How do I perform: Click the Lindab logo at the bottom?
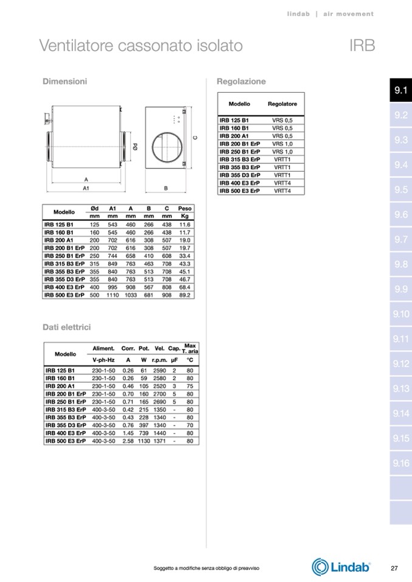click(x=341, y=567)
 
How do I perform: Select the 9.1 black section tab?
click(x=400, y=90)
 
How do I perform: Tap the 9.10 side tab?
click(x=400, y=314)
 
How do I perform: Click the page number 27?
click(x=394, y=568)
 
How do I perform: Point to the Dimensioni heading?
click(x=64, y=81)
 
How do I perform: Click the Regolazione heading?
click(x=241, y=81)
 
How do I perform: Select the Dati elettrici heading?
click(x=66, y=327)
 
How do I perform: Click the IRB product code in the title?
click(x=362, y=46)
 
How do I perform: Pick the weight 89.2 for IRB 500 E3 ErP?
click(x=185, y=295)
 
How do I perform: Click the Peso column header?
click(x=185, y=209)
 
